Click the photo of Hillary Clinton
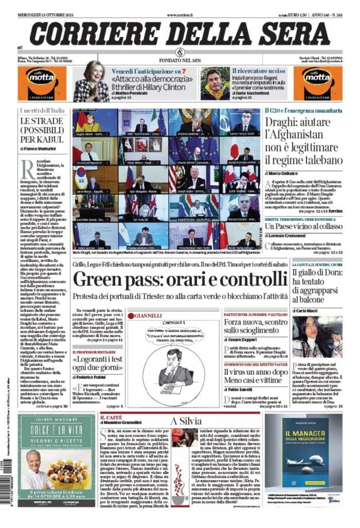pyautogui.click(x=91, y=81)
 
